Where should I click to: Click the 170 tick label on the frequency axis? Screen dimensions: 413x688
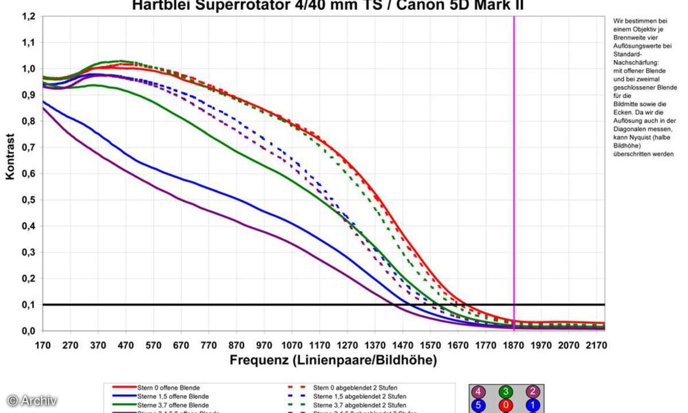pos(42,345)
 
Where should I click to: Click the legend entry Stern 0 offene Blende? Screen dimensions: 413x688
pos(169,388)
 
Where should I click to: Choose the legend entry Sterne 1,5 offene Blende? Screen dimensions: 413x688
pos(173,396)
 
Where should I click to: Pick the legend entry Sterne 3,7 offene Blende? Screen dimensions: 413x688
pos(173,404)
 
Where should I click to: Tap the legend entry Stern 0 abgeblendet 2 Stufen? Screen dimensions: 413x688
pos(355,388)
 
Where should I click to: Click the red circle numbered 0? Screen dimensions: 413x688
pos(506,406)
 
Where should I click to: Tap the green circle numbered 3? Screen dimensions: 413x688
pos(506,392)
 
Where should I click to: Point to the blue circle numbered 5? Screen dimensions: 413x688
pos(478,406)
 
